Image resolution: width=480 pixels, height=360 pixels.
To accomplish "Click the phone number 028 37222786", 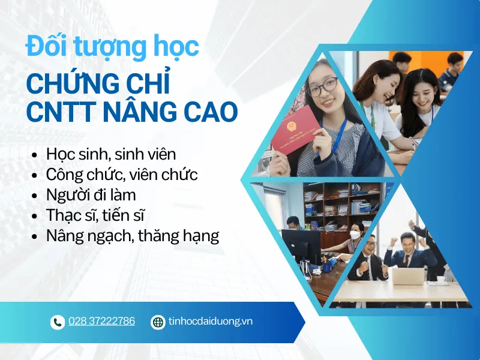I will click(101, 322).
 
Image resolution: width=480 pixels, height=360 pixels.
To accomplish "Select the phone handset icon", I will click(57, 322).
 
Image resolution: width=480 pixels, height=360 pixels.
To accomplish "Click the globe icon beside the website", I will click(158, 322).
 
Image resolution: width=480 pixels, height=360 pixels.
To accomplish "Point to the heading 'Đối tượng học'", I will click(112, 47).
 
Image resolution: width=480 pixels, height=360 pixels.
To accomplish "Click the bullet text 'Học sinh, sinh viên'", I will click(111, 154).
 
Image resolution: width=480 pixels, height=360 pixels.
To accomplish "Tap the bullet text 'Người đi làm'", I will click(91, 195).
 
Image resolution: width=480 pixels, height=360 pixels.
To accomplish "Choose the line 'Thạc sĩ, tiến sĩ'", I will click(96, 215).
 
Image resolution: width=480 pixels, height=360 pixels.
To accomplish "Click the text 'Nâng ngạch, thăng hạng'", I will click(133, 236).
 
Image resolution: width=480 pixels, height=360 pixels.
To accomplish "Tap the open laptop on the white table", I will click(407, 275).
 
